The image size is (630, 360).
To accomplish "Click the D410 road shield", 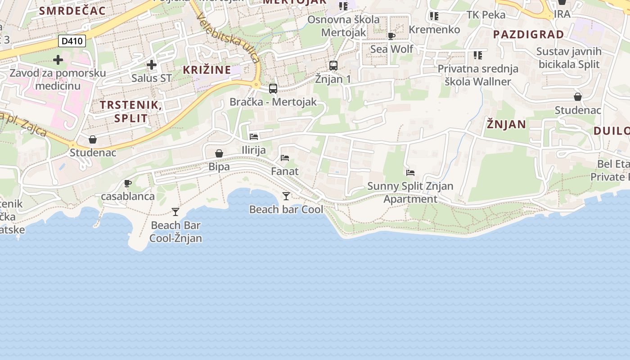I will pyautogui.click(x=72, y=41).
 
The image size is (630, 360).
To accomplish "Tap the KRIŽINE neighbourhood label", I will pyautogui.click(x=207, y=70).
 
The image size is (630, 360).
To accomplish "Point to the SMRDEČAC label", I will pyautogui.click(x=72, y=11).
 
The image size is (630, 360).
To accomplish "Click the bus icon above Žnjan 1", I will pyautogui.click(x=333, y=66).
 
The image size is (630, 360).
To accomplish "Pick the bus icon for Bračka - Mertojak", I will pyautogui.click(x=273, y=89).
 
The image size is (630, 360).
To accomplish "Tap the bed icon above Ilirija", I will pyautogui.click(x=254, y=137).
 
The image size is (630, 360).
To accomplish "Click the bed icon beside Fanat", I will pyautogui.click(x=285, y=158).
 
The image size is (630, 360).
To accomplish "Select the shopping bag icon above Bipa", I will pyautogui.click(x=219, y=153).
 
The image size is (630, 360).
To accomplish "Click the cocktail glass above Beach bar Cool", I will pyautogui.click(x=286, y=196).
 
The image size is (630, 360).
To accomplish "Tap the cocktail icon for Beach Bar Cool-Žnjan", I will pyautogui.click(x=175, y=212).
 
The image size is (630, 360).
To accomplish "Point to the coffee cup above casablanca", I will pyautogui.click(x=127, y=183).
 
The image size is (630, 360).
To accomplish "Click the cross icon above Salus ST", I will pyautogui.click(x=152, y=65).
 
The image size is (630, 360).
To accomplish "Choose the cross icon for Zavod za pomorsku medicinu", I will pyautogui.click(x=58, y=59).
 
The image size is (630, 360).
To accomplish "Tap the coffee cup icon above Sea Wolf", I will pyautogui.click(x=391, y=36).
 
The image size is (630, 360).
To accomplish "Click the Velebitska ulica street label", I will pyautogui.click(x=228, y=37).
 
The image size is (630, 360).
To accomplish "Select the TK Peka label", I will pyautogui.click(x=486, y=15).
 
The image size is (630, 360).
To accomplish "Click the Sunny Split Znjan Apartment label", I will pyautogui.click(x=410, y=192).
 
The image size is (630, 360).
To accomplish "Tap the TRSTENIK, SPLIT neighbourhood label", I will pyautogui.click(x=130, y=112).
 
